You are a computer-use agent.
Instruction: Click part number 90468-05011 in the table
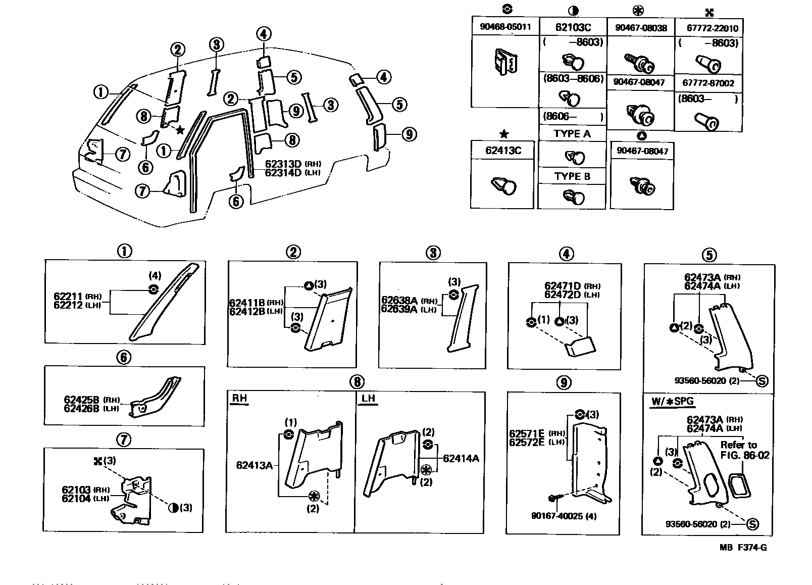[505, 27]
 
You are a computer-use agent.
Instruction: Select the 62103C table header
[573, 27]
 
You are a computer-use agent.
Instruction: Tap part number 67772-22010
[708, 28]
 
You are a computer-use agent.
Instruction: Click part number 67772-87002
[708, 83]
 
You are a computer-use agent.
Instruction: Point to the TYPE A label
[572, 133]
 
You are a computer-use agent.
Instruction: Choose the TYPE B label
[572, 176]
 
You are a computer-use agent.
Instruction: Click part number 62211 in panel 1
[69, 297]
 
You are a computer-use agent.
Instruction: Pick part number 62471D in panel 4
[563, 286]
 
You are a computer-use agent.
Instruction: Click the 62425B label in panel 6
[81, 400]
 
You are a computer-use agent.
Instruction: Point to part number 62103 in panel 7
[76, 490]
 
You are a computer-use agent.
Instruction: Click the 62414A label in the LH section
[461, 459]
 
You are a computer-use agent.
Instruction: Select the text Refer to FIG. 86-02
[744, 450]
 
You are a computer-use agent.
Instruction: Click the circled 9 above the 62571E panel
[564, 382]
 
